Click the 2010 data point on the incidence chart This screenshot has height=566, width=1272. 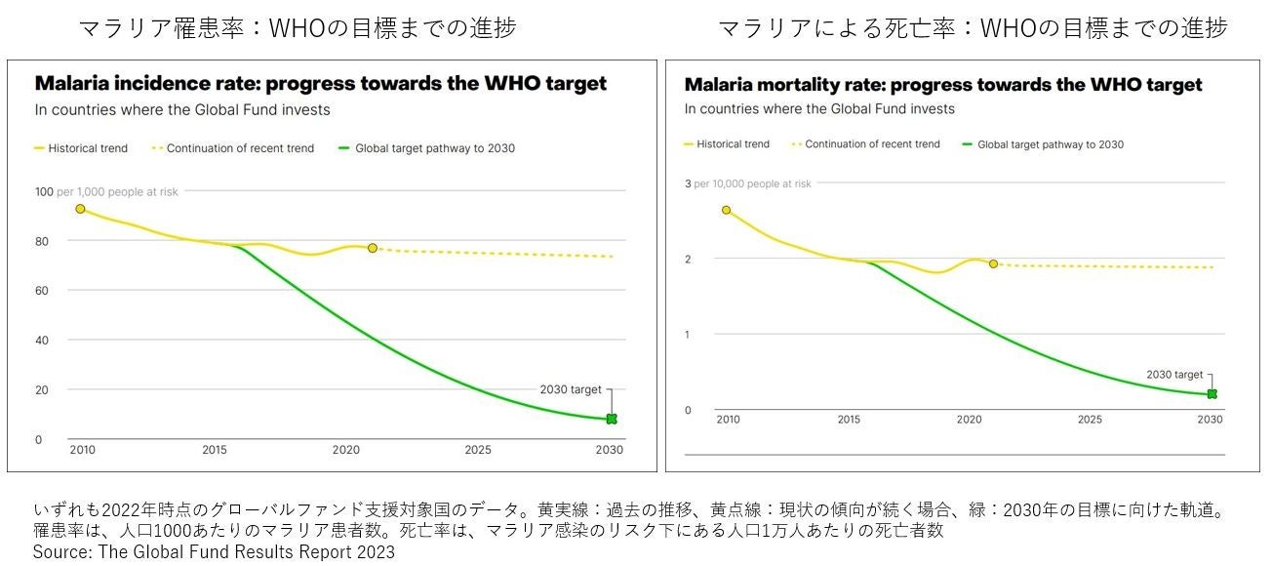point(80,209)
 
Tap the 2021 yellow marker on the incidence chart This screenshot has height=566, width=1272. point(373,248)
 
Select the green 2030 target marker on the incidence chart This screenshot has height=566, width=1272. point(612,419)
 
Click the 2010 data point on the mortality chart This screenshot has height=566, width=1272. point(726,210)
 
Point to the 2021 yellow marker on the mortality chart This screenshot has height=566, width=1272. point(993,263)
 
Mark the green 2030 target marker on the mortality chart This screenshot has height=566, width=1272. point(1212,394)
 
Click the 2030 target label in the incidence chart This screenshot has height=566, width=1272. point(571,389)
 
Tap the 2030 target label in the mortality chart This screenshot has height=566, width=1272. point(1174,375)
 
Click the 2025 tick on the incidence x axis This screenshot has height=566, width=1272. point(478,451)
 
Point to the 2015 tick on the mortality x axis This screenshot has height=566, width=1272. point(848,420)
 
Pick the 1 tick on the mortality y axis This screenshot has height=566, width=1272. point(688,335)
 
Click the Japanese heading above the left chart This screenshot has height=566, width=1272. point(298,28)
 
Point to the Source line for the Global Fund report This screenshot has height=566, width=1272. point(214,552)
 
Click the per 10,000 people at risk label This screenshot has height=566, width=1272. point(752,183)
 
